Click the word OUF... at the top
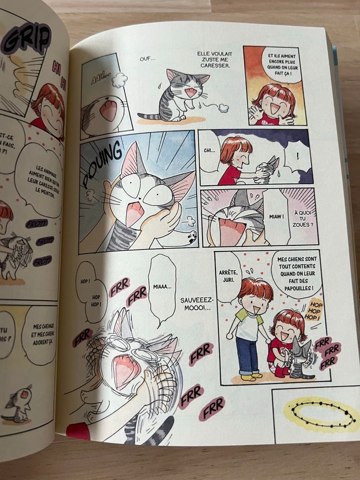pos(148,59)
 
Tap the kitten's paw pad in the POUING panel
pos(191,237)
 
